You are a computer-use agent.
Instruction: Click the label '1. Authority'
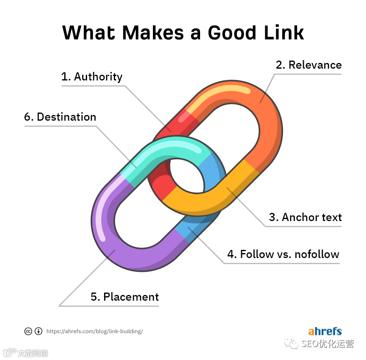pos(91,77)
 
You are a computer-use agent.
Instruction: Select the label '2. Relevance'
pos(309,65)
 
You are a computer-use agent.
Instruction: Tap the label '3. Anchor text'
pos(305,217)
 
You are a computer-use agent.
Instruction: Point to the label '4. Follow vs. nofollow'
pos(283,254)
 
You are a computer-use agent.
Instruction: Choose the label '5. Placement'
pos(124,297)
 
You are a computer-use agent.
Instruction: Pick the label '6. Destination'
pos(60,117)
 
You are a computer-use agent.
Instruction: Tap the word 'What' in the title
pos(89,33)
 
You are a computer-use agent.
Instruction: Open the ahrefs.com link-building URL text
pos(95,331)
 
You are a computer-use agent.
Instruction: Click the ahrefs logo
pos(325,331)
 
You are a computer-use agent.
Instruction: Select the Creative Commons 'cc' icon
pos(28,331)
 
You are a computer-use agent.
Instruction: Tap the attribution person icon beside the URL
pos(38,331)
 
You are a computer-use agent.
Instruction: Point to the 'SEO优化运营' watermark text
pos(328,344)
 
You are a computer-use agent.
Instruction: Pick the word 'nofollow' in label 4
pos(317,254)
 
